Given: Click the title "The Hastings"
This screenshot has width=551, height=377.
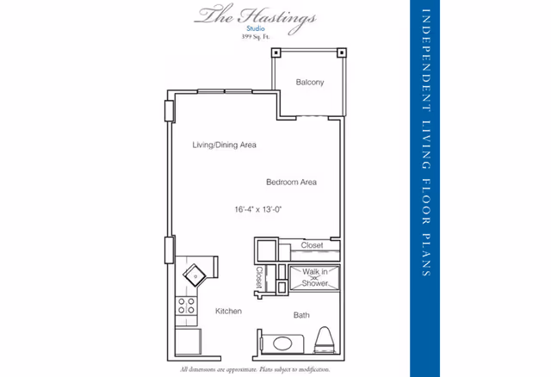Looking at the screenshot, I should click(255, 16).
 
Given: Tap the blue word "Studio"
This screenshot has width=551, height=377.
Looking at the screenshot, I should click(257, 30).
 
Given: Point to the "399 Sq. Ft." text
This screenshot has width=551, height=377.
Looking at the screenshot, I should click(256, 39).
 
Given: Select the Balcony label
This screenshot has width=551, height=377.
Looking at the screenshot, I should click(309, 83).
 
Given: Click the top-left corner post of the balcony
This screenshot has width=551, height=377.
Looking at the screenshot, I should click(276, 52).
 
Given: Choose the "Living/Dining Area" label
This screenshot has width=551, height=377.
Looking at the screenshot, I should click(224, 145).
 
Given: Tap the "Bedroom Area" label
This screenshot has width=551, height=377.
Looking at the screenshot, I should click(291, 182).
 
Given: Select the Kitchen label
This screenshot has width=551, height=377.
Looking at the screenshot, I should click(228, 311).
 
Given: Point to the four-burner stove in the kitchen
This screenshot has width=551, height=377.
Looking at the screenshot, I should click(184, 307).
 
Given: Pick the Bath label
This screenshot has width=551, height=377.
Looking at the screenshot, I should click(301, 315).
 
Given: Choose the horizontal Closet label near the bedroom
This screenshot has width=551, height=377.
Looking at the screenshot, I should click(312, 245).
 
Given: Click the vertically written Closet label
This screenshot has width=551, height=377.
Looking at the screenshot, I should click(259, 278).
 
